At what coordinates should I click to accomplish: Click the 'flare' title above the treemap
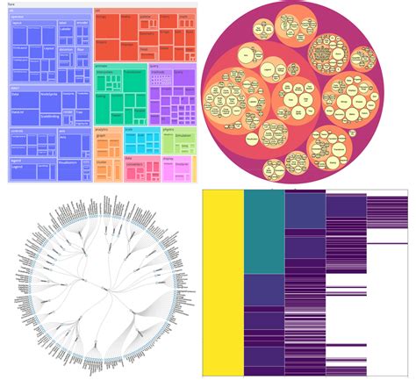10,5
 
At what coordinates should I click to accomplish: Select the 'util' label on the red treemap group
97,11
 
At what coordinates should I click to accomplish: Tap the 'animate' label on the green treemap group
101,64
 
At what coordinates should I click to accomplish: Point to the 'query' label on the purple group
154,64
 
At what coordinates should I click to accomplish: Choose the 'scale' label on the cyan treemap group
128,128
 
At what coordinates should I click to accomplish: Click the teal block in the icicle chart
264,233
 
